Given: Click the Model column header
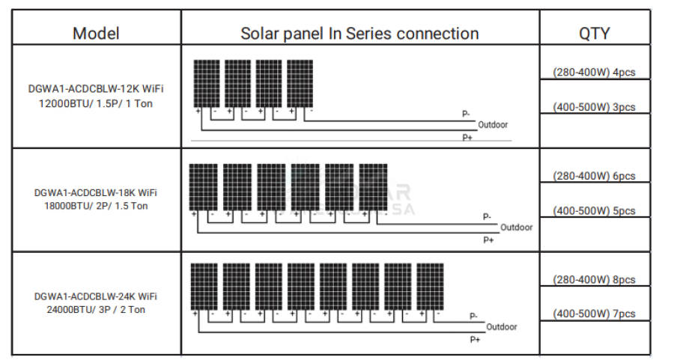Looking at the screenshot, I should click(96, 33).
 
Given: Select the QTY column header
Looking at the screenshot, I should click(594, 33).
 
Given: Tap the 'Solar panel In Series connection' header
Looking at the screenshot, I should click(359, 33).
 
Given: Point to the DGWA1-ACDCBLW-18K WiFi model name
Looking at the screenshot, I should click(96, 192).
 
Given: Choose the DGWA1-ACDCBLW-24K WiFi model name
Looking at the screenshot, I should click(96, 296).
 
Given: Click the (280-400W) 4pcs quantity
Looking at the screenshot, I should click(594, 73).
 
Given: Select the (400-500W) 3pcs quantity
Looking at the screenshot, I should click(594, 107).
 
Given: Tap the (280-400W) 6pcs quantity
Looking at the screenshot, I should click(594, 176).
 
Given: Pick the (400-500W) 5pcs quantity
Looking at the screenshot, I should click(594, 211).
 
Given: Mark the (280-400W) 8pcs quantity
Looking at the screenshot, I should click(594, 279).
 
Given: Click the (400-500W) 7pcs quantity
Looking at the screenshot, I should click(594, 314).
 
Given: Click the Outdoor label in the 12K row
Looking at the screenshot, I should click(493, 125).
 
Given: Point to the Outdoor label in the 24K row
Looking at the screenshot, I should click(502, 326).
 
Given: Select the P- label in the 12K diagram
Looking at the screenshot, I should click(466, 114).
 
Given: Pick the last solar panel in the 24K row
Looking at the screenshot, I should click(429, 285).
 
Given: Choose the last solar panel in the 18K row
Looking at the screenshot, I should click(372, 186).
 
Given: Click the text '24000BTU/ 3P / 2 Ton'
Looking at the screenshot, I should click(96, 309).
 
